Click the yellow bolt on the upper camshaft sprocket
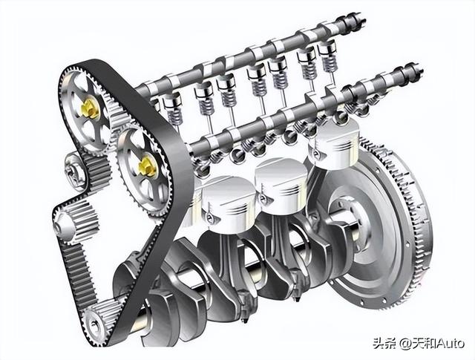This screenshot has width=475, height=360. pyautogui.click(x=90, y=109)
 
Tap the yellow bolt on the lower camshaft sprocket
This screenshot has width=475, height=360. pyautogui.click(x=147, y=166)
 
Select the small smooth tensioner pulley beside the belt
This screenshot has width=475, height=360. pyautogui.click(x=73, y=171)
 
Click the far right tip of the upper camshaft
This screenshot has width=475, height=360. pyautogui.click(x=364, y=21)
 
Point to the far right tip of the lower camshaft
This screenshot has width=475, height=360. pyautogui.click(x=422, y=71)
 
